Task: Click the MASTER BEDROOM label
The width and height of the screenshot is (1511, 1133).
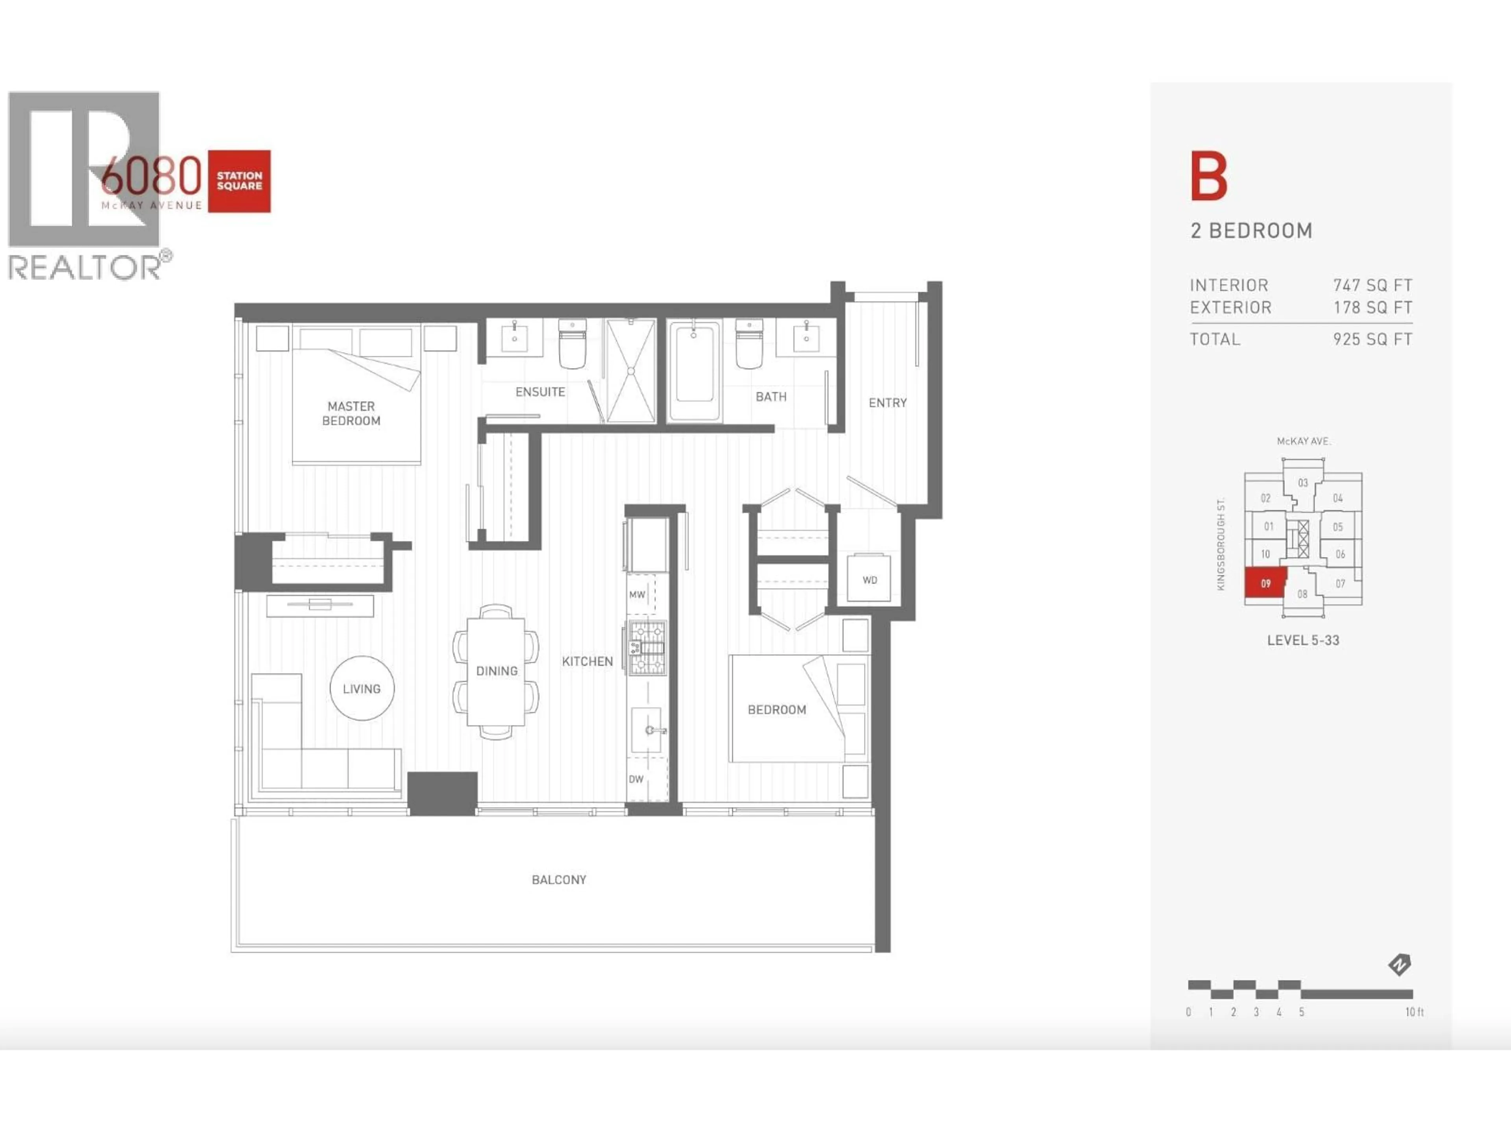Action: [351, 413]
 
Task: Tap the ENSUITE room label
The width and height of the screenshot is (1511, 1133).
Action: [539, 392]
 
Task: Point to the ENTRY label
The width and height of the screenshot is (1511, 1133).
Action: [887, 403]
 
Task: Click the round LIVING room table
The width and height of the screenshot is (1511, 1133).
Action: [361, 688]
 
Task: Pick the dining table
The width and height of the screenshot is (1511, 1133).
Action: [496, 671]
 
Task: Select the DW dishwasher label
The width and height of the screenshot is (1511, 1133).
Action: [636, 779]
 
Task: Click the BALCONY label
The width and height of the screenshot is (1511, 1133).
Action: [559, 880]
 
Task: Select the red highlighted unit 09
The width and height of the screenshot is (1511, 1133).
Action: [1265, 583]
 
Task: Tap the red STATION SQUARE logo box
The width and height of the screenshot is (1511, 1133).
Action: [239, 181]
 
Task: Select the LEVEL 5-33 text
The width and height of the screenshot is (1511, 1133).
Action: [1303, 640]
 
